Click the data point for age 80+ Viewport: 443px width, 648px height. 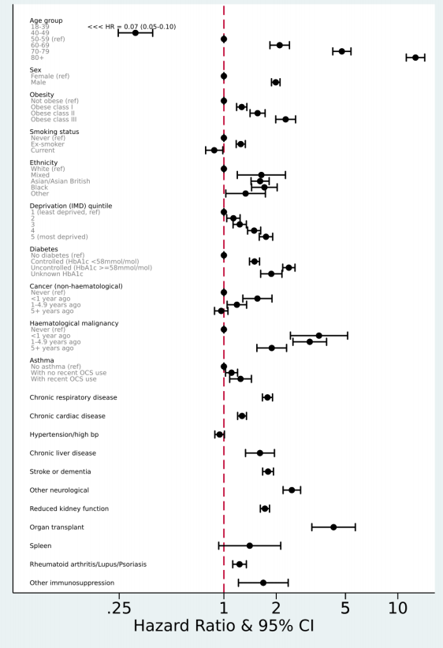[415, 58]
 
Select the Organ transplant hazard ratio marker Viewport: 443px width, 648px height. [333, 527]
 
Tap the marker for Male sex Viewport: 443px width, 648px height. [276, 82]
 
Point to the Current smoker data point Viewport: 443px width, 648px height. [214, 150]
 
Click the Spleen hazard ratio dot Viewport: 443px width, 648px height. [250, 546]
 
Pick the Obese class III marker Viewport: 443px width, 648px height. [285, 119]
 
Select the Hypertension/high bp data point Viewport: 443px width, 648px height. [219, 434]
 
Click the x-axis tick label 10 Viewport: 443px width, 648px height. [397, 608]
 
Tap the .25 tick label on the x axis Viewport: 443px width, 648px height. [119, 608]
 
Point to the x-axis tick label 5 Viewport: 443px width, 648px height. [345, 608]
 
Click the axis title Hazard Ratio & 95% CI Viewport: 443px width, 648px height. [224, 626]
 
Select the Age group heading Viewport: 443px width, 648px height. [46, 20]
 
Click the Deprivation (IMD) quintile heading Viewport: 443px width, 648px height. [71, 206]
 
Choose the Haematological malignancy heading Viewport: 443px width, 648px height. [74, 323]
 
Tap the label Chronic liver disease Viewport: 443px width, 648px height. [63, 453]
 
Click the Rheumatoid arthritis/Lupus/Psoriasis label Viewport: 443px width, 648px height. [88, 564]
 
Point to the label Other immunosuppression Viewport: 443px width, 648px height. [72, 583]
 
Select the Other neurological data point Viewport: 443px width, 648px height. [292, 490]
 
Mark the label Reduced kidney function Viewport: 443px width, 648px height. [69, 508]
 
